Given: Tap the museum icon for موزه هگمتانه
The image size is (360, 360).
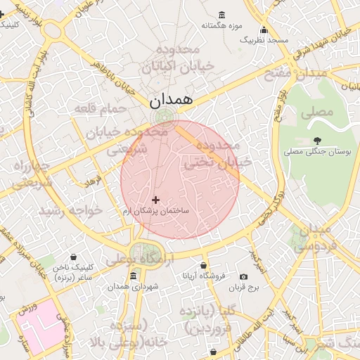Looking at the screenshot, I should (x=222, y=15).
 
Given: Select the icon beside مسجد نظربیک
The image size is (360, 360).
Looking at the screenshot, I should (x=264, y=30).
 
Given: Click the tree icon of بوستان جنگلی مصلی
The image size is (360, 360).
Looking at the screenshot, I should (x=317, y=141).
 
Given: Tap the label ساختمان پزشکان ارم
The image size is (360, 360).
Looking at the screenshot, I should (x=156, y=211).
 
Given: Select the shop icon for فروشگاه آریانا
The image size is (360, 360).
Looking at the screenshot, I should (x=204, y=266).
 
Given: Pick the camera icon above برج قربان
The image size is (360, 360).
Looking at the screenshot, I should (x=244, y=277).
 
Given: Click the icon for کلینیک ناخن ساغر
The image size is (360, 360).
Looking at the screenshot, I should (x=75, y=257).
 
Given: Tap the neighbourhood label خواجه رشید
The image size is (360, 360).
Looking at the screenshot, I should (x=70, y=210).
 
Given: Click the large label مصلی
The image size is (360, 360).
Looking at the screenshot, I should (x=316, y=112).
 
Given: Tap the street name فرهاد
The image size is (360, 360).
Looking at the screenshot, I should (x=94, y=182).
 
